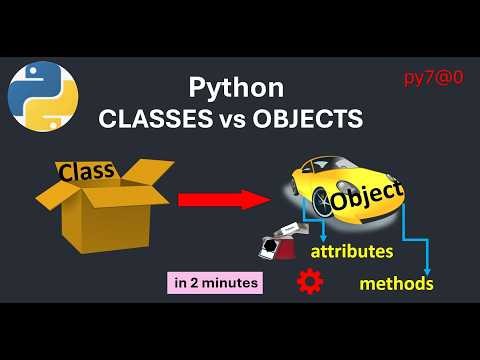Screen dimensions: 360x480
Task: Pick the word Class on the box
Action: tap(86, 171)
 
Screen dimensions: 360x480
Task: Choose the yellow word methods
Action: tap(396, 284)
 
